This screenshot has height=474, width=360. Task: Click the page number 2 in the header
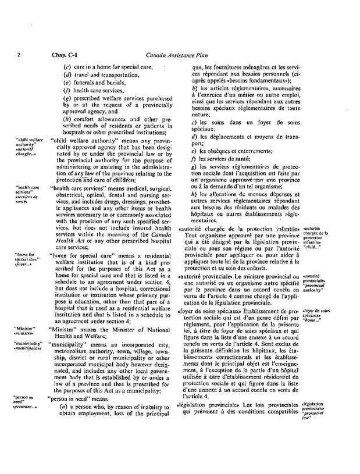coord(20,56)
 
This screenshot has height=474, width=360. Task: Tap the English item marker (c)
coord(67,67)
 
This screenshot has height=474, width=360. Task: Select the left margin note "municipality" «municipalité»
coord(28,346)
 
